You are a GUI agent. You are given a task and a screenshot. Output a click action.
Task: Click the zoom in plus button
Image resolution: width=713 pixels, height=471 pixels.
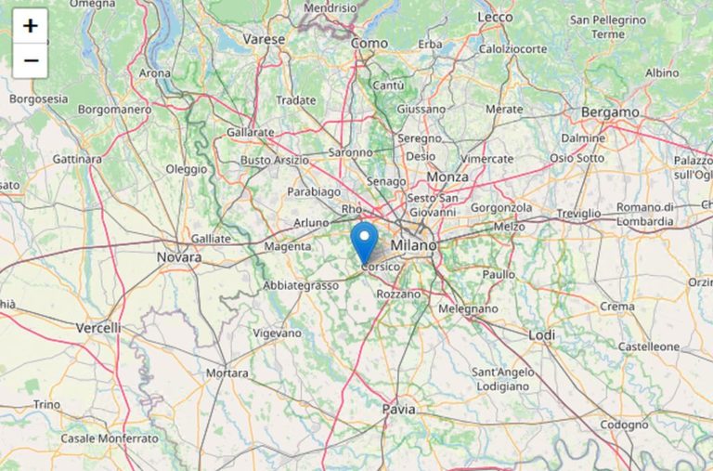(x=30, y=26)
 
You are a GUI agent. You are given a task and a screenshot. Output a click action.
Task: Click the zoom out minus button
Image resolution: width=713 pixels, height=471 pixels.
(x=30, y=61)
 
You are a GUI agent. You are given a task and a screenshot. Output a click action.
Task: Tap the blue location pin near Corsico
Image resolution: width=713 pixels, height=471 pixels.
(x=365, y=241)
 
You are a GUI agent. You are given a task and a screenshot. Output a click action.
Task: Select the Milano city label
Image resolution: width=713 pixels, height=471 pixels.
(x=413, y=245)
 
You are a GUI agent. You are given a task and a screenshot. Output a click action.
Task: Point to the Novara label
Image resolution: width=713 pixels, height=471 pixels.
(x=179, y=257)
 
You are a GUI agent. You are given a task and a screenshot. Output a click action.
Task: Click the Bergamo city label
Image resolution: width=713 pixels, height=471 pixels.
(x=610, y=112)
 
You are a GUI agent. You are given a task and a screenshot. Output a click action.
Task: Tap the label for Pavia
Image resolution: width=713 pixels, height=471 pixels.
(x=398, y=409)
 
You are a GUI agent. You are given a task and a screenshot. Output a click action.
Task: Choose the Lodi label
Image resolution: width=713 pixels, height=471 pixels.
(x=541, y=334)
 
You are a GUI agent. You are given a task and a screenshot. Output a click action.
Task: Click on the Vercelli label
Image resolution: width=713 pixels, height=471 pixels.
(x=98, y=328)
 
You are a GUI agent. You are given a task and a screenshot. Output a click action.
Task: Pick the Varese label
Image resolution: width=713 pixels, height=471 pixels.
(x=264, y=39)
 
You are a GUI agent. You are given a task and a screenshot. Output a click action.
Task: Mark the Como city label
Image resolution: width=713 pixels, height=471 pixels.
(x=369, y=43)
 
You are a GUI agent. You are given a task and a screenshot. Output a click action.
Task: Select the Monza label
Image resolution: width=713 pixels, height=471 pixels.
(x=447, y=177)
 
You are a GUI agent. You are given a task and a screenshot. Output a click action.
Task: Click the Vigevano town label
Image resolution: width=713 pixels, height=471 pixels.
(x=278, y=333)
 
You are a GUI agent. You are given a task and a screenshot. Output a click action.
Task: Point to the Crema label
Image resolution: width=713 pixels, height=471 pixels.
(x=617, y=307)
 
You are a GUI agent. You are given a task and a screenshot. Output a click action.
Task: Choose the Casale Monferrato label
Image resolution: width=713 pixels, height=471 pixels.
(x=110, y=438)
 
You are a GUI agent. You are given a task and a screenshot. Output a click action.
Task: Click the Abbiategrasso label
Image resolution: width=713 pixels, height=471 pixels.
(x=301, y=285)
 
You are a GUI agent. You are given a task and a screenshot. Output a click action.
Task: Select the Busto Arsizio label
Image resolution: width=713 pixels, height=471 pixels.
(x=275, y=161)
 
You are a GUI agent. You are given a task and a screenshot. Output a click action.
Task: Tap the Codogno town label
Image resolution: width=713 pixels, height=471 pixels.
(x=624, y=425)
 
